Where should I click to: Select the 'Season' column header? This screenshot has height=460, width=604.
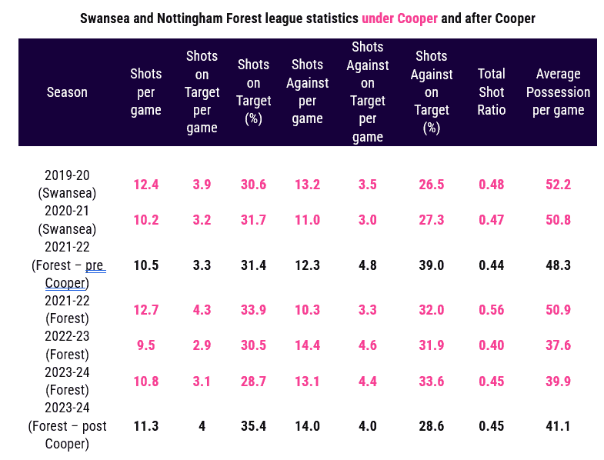click(67, 92)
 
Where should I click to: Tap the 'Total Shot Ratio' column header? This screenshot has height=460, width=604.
click(491, 92)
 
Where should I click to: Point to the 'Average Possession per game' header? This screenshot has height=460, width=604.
click(558, 92)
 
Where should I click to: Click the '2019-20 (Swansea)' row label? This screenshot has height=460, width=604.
click(67, 185)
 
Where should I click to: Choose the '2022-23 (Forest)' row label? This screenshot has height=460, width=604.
click(67, 345)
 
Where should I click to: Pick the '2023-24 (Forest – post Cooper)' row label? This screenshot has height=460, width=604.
click(67, 425)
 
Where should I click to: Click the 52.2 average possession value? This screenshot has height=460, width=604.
click(558, 185)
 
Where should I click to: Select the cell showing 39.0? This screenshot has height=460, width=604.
click(431, 265)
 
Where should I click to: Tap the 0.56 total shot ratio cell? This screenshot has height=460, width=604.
click(491, 310)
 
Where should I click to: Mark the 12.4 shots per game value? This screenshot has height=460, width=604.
click(145, 185)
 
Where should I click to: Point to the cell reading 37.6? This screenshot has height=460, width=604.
click(558, 345)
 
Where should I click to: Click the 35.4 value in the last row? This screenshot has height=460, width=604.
click(254, 425)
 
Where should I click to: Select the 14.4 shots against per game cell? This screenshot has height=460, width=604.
click(307, 345)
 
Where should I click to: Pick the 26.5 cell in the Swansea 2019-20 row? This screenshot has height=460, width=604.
click(431, 185)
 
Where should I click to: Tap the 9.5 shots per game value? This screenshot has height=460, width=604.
click(145, 345)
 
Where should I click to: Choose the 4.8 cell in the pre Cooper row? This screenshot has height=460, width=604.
click(367, 265)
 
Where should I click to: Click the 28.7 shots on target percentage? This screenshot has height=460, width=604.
click(254, 381)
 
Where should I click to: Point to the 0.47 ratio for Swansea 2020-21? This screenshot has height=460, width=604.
click(491, 220)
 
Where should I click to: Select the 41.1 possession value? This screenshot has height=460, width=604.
click(558, 425)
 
